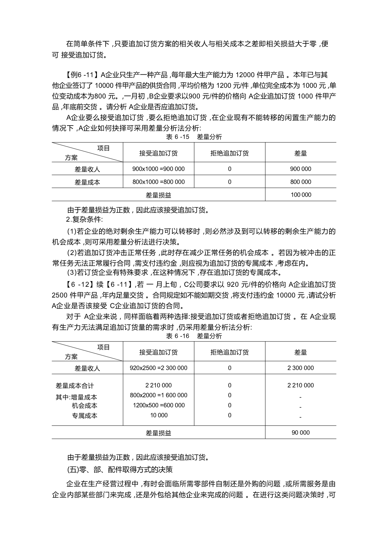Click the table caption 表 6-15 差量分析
[x=194, y=137]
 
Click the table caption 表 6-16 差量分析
[x=194, y=336]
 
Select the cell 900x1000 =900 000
[x=158, y=169]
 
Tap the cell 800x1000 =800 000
[x=158, y=182]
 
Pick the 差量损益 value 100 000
[x=301, y=195]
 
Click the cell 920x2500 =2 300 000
[x=158, y=368]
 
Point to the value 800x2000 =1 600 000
[x=158, y=395]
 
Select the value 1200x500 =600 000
[x=159, y=405]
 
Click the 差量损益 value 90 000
[x=301, y=433]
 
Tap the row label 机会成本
[x=85, y=406]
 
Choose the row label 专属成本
[x=85, y=416]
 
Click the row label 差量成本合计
[x=75, y=386]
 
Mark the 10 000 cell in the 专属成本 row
[x=159, y=415]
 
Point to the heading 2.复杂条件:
[x=84, y=219]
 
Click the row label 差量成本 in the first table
[x=87, y=182]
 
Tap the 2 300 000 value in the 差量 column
[x=301, y=368]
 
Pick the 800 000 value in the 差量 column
[x=301, y=182]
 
